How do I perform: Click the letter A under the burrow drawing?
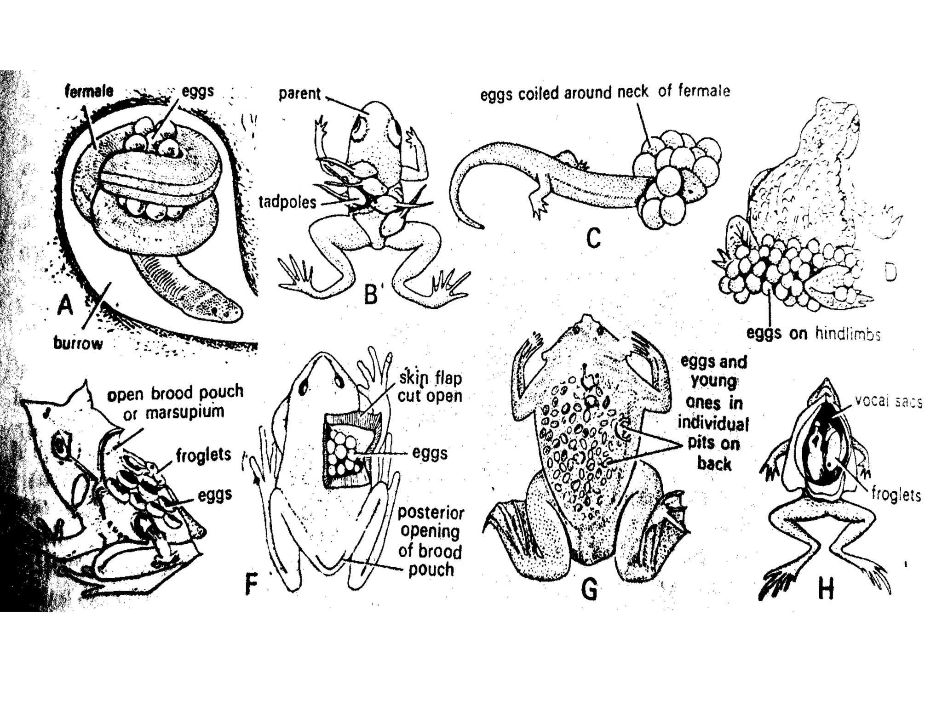[x=65, y=305]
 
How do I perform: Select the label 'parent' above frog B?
[x=299, y=94]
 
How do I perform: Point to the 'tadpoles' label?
[x=287, y=202]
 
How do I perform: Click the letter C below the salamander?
[x=593, y=239]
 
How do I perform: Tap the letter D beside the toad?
[x=890, y=273]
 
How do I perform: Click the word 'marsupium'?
[x=185, y=412]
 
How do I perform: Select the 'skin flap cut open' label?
[x=430, y=387]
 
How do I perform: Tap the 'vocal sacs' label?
[x=889, y=402]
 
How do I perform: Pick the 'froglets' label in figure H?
[x=896, y=495]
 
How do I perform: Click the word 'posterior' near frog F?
[x=431, y=512]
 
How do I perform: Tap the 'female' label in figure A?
[x=89, y=91]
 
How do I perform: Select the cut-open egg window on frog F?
[x=347, y=450]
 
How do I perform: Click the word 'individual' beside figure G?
[x=713, y=423]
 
